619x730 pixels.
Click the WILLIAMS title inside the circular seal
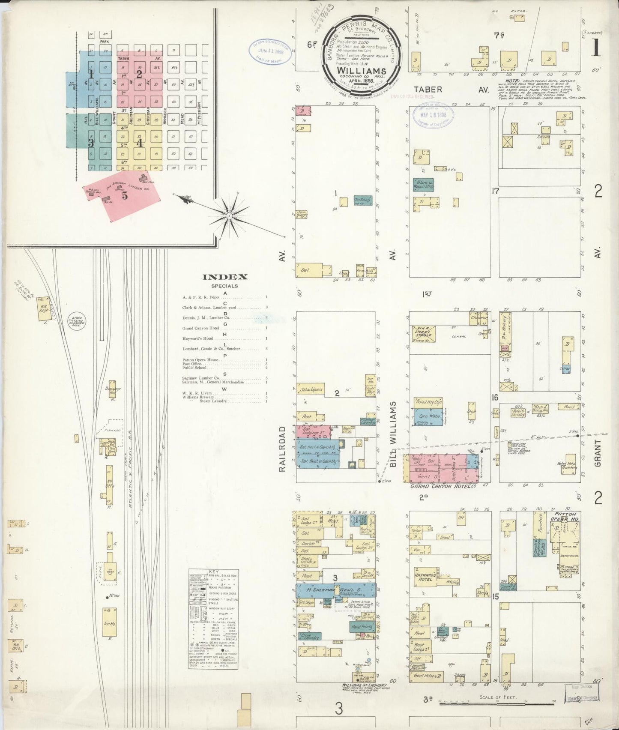[362, 70]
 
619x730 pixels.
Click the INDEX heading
[225, 277]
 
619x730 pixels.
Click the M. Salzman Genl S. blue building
[336, 591]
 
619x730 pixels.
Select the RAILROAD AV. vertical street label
[282, 449]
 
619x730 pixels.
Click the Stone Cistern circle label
[78, 321]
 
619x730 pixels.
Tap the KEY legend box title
[213, 572]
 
